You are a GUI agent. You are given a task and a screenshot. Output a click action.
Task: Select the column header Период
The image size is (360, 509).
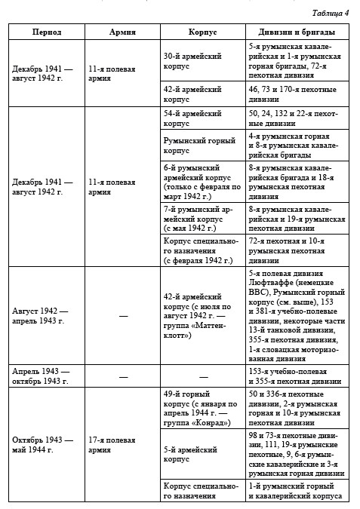tap(47, 32)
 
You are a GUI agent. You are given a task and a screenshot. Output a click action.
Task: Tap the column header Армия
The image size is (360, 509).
tap(122, 32)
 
